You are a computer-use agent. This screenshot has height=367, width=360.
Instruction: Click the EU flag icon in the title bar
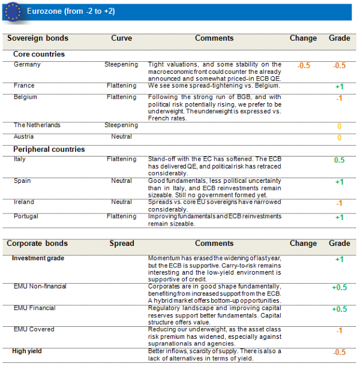pos(14,11)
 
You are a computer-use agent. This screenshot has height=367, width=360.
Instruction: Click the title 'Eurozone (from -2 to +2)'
pos(71,11)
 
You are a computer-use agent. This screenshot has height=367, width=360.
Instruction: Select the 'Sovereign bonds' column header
pos(37,38)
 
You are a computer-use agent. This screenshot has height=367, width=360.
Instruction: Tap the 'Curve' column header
pos(121,38)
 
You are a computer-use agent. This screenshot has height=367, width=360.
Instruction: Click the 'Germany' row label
pos(26,64)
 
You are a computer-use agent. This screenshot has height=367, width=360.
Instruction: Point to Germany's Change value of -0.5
pos(304,65)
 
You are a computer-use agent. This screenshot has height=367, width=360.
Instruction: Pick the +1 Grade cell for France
pos(339,87)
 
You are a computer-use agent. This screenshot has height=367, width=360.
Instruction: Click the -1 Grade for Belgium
pos(339,98)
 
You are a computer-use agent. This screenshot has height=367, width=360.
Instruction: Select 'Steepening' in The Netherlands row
pos(121,125)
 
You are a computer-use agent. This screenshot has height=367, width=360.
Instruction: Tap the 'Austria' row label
pos(23,136)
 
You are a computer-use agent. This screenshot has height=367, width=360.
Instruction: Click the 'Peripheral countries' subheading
pos(49,149)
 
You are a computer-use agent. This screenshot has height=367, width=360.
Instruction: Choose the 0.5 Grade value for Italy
pos(339,161)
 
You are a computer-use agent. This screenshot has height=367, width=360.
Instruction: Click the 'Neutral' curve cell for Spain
pos(121,181)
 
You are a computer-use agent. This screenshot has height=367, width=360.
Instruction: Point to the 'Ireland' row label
pos(23,202)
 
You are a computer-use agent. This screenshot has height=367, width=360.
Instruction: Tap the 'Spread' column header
pos(121,243)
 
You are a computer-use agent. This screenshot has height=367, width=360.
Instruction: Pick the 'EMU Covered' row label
pos(34,329)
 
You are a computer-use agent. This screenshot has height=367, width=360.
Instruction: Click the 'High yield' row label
pos(26,351)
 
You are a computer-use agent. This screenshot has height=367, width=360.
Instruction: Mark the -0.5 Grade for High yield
pos(339,353)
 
